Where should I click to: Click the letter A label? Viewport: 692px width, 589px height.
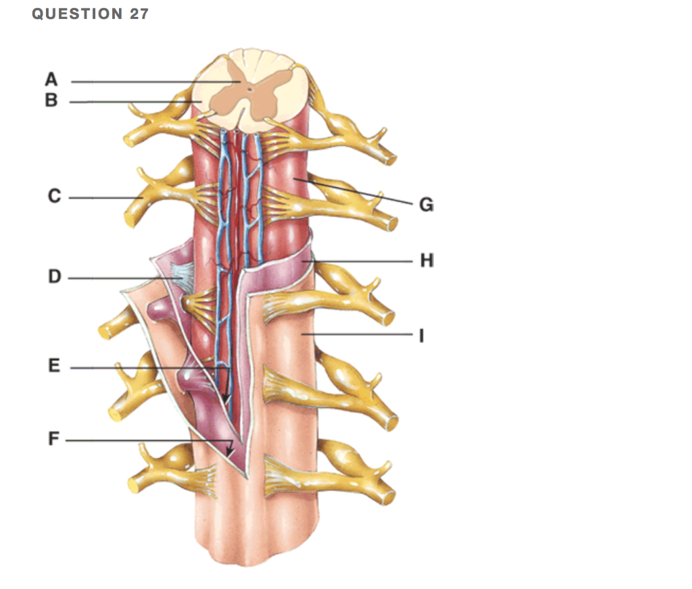[51, 80]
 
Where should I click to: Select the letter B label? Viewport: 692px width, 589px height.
[51, 100]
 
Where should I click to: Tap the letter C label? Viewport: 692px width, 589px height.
[54, 196]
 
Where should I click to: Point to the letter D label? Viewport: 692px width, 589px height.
[54, 276]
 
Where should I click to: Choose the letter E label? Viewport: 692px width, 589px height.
[54, 365]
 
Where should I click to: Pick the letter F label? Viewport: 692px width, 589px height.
[53, 438]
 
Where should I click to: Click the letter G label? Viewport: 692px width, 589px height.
[426, 205]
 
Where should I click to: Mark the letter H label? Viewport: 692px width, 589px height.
[427, 260]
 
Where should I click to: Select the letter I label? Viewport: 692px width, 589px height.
[422, 336]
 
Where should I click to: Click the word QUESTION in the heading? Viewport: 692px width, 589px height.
[77, 14]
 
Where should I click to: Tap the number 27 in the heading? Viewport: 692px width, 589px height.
[139, 14]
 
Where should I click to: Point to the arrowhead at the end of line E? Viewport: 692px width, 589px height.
[226, 398]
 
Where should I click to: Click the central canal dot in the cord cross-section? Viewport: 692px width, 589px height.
[250, 89]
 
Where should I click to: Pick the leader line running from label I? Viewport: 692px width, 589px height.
[357, 334]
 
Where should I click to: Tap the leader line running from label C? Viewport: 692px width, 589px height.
[105, 198]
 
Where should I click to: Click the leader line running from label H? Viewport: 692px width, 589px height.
[357, 261]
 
